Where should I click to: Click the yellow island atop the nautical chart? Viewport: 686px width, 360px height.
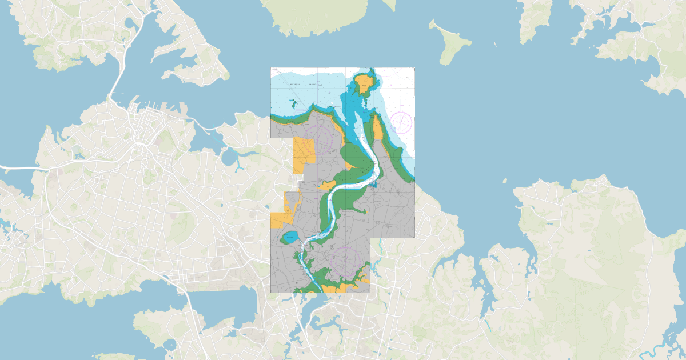(x=364, y=86)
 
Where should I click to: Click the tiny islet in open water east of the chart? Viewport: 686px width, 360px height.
(x=505, y=181)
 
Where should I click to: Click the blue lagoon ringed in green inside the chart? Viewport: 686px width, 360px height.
(x=290, y=237)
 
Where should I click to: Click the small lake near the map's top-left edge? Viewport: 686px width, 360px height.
(x=133, y=23)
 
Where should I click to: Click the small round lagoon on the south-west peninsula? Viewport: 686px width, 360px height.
(x=170, y=344)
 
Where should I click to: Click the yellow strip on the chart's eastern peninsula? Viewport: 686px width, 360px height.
(x=378, y=129)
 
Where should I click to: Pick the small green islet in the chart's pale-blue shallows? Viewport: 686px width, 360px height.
(x=293, y=104)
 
